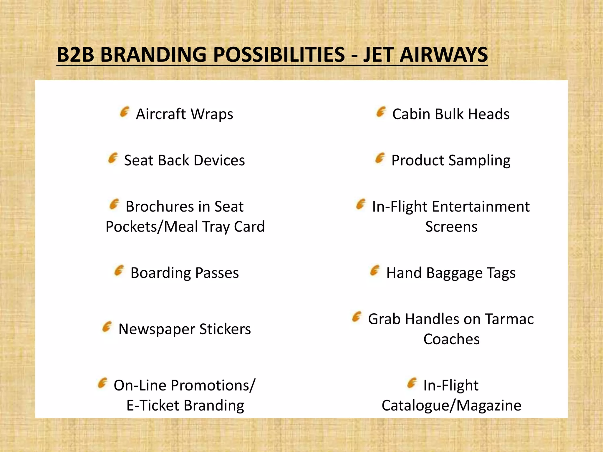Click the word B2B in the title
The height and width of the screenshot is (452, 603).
(75, 55)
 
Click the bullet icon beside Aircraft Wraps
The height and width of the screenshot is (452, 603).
(125, 112)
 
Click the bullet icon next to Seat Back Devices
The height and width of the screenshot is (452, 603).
(113, 158)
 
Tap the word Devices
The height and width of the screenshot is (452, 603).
(219, 160)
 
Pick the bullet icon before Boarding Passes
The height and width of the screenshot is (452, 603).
(119, 271)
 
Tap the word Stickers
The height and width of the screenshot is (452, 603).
(225, 329)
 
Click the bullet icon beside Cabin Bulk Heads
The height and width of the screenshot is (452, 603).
(381, 112)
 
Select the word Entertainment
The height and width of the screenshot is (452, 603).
(481, 206)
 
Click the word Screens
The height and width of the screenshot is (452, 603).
(451, 227)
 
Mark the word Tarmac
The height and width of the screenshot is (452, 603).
(509, 319)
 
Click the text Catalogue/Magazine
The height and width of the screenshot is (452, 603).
(451, 406)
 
